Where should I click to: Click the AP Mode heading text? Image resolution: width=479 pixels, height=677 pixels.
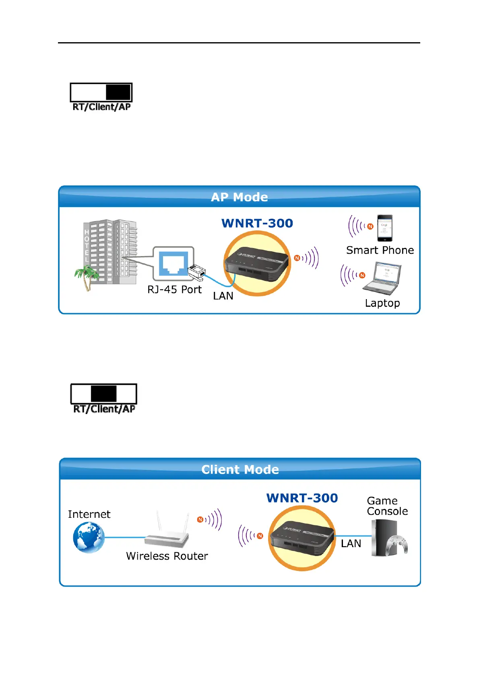(x=239, y=197)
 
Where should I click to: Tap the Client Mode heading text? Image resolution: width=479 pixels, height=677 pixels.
(x=240, y=470)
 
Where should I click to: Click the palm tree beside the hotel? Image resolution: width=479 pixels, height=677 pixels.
(x=86, y=277)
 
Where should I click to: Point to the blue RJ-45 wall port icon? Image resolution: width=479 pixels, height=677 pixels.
(x=173, y=263)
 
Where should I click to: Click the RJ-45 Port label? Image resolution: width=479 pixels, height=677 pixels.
(x=174, y=289)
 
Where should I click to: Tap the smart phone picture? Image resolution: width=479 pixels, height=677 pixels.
(x=384, y=228)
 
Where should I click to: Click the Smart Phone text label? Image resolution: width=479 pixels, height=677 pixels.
(x=380, y=250)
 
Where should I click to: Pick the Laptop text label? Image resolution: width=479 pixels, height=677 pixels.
(x=382, y=303)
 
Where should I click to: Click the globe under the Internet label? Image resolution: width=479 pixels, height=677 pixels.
(x=89, y=537)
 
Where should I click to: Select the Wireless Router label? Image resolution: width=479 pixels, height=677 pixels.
(x=167, y=556)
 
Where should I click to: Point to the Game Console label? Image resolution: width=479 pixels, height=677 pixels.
(x=387, y=506)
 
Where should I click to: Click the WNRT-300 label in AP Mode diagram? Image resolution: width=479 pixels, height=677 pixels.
(x=257, y=223)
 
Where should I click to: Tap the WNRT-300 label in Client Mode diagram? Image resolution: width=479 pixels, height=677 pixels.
(x=302, y=498)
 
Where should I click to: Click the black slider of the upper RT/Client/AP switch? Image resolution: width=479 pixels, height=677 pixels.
(x=118, y=92)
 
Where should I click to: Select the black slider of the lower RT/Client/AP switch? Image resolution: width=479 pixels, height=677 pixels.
(x=103, y=394)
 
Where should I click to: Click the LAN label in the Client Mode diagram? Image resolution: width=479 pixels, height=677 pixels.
(x=351, y=544)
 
